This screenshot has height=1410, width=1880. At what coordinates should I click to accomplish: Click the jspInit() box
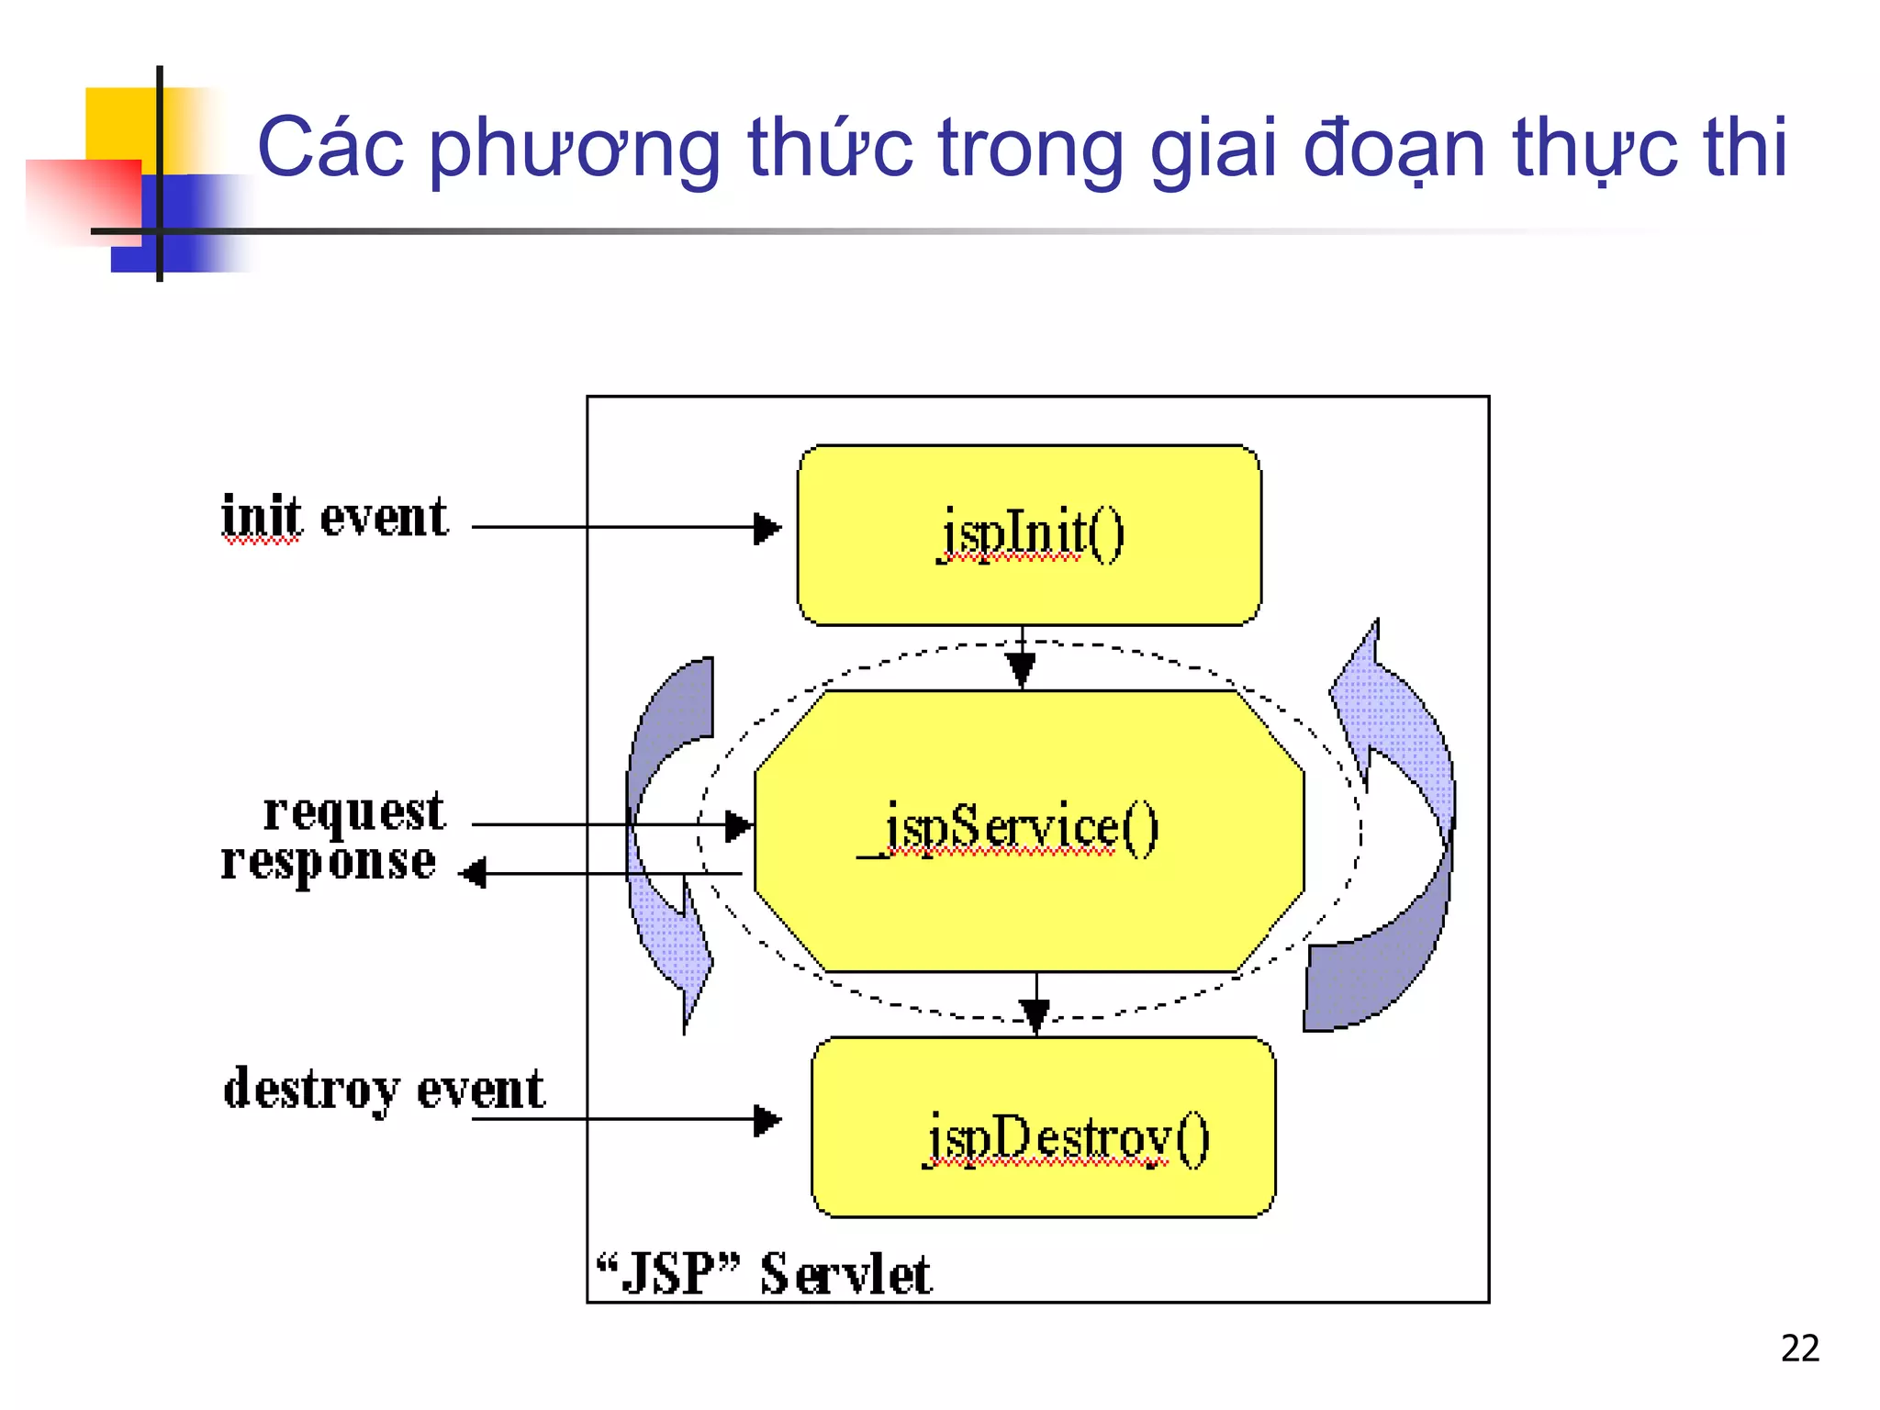tap(1029, 535)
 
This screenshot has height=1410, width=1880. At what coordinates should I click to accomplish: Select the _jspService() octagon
tap(1029, 831)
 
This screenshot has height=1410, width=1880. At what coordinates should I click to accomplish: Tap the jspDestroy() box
tap(1044, 1127)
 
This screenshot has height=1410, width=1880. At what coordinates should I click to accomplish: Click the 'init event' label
tap(335, 517)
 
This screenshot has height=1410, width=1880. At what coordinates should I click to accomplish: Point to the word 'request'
tap(353, 812)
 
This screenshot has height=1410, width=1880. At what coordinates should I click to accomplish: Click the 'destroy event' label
tap(384, 1090)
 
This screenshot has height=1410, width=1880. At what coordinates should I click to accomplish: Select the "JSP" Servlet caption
tap(764, 1274)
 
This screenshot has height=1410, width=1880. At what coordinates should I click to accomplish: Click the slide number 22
tap(1799, 1348)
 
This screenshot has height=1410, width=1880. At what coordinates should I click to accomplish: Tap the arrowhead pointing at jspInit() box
tap(767, 528)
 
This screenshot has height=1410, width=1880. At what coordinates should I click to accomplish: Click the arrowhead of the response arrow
tap(474, 873)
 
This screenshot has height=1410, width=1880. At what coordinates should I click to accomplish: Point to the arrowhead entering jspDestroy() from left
tap(767, 1120)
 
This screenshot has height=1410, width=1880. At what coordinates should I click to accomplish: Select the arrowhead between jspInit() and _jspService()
tap(1021, 668)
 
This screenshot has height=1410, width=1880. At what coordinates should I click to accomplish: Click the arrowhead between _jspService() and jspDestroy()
tap(1035, 1014)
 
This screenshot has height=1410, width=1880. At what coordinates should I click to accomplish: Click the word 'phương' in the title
tap(576, 149)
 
